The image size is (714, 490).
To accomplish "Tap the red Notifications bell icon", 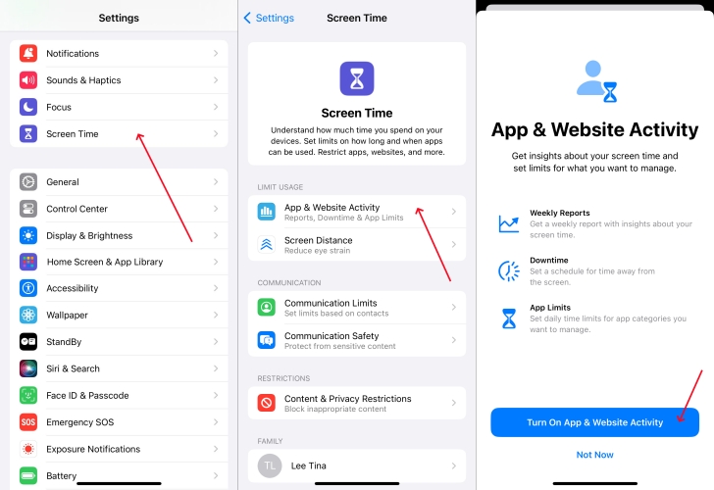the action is pos(28,53).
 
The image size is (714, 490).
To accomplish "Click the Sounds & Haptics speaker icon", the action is pos(28,80).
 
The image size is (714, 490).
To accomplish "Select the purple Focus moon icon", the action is pos(28,107).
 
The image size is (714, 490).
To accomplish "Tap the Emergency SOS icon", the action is pos(28,422).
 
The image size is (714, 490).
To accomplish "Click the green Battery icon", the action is pos(28,476).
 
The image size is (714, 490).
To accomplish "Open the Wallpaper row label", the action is pos(67,315).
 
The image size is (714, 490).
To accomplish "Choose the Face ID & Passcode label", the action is pos(87,395).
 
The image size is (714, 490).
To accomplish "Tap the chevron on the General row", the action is pos(216,182).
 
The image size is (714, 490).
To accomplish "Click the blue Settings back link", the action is pos(269,18).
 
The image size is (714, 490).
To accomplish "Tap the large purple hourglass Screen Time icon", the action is pos(357,78).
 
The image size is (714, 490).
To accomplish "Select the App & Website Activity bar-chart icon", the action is pos(267,212).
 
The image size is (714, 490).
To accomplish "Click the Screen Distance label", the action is pos(319,240).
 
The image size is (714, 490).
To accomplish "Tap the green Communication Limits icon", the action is pos(267,307).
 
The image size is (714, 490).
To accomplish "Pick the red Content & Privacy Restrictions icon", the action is pos(267,403).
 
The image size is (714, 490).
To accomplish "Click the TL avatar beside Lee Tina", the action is pos(270,465).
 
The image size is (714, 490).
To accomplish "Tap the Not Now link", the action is pos(594,455).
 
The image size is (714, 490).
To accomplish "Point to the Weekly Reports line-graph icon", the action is pos(509,223).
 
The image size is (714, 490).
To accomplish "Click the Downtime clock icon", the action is pos(509,271).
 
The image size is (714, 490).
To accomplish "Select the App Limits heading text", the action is pos(550,308).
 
